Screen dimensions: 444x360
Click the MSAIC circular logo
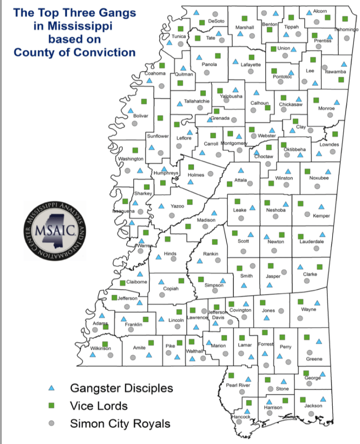55,230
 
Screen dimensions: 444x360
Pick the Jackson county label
313,406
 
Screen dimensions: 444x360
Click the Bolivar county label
141,116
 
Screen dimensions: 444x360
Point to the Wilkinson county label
101,348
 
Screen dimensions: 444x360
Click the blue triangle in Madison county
213,213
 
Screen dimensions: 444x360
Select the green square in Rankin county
214,242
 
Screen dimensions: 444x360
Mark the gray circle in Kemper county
307,214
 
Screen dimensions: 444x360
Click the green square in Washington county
135,150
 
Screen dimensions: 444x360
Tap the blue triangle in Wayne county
317,303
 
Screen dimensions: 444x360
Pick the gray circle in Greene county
309,352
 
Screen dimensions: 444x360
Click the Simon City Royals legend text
120,424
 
